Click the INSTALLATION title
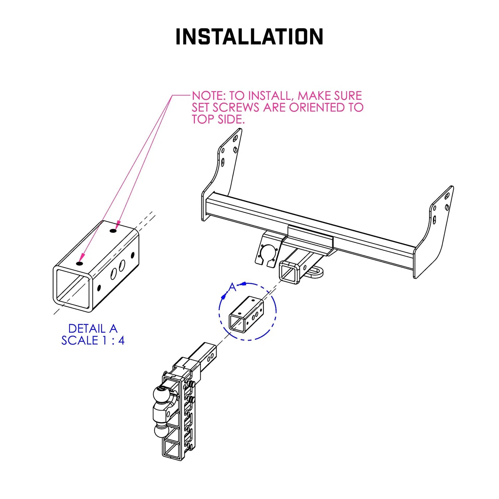(249, 37)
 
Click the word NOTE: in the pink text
(209, 96)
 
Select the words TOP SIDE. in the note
(218, 119)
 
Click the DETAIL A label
(92, 328)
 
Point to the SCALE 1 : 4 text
(92, 340)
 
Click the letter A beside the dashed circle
(233, 287)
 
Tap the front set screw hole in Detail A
(79, 263)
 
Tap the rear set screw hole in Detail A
(113, 231)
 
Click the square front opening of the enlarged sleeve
(73, 288)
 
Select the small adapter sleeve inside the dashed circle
(246, 314)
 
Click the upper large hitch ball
(162, 395)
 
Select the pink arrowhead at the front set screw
(82, 257)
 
